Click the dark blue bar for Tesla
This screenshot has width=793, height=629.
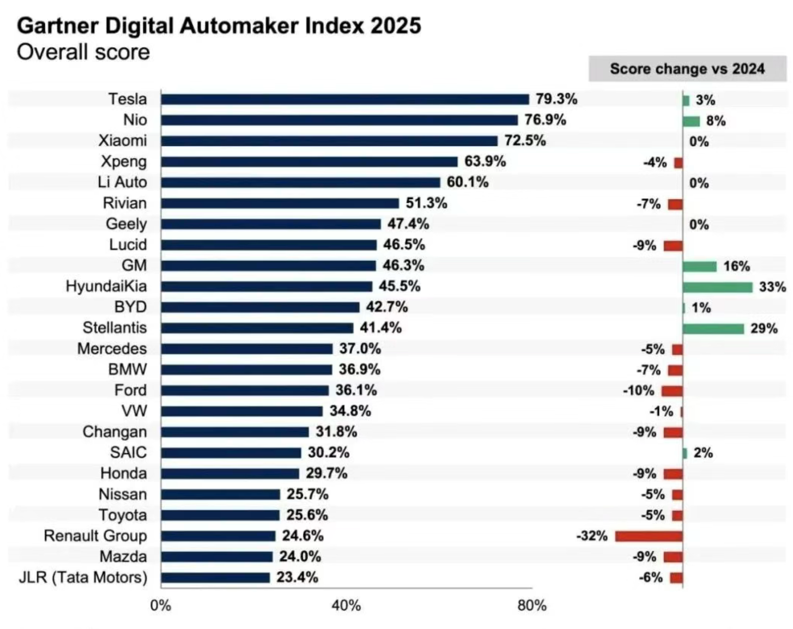pyautogui.click(x=344, y=99)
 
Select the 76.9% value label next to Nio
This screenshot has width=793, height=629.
pyautogui.click(x=545, y=120)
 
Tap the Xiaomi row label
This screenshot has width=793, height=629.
pyautogui.click(x=122, y=141)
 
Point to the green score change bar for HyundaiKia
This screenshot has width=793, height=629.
pyautogui.click(x=717, y=287)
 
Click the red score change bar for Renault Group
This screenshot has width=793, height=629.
pyautogui.click(x=649, y=536)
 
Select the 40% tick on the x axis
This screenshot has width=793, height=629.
pyautogui.click(x=346, y=605)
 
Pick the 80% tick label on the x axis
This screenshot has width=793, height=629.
pyautogui.click(x=532, y=605)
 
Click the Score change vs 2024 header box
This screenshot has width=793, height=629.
pyautogui.click(x=687, y=68)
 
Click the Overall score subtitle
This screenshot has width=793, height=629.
pyautogui.click(x=83, y=52)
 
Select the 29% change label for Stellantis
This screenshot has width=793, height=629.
pyautogui.click(x=764, y=328)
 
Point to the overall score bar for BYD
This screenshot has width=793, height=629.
pyautogui.click(x=260, y=308)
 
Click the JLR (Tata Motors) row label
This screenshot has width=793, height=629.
pyautogui.click(x=83, y=577)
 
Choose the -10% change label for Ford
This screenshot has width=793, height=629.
pyautogui.click(x=638, y=391)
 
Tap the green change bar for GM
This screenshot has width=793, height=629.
pyautogui.click(x=699, y=266)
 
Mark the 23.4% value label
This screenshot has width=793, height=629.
pyautogui.click(x=297, y=577)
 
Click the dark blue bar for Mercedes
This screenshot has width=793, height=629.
pyautogui.click(x=246, y=349)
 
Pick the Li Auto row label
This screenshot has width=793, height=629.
pyautogui.click(x=122, y=182)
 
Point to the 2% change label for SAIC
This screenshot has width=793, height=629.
pyautogui.click(x=703, y=453)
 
